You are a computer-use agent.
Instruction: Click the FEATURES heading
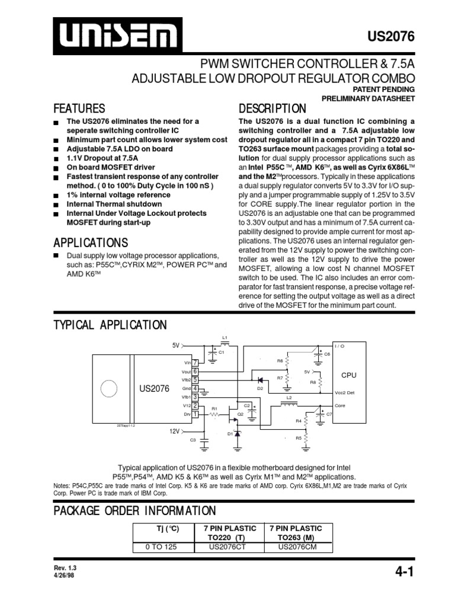(79, 108)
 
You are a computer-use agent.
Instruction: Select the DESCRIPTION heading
(272, 108)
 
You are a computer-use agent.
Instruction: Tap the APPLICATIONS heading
(91, 243)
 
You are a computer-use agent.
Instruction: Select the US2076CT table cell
(229, 547)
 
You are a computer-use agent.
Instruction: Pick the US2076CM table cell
(297, 547)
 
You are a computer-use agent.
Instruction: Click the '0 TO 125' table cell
(162, 547)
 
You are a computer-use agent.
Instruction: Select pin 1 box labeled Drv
(195, 414)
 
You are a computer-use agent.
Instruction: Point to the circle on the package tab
(109, 389)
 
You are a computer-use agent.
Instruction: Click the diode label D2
(259, 388)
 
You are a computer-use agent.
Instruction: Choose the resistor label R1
(215, 408)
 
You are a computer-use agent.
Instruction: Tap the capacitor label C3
(193, 440)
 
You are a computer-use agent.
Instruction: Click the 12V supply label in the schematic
(173, 432)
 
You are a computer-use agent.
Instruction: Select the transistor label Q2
(241, 414)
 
